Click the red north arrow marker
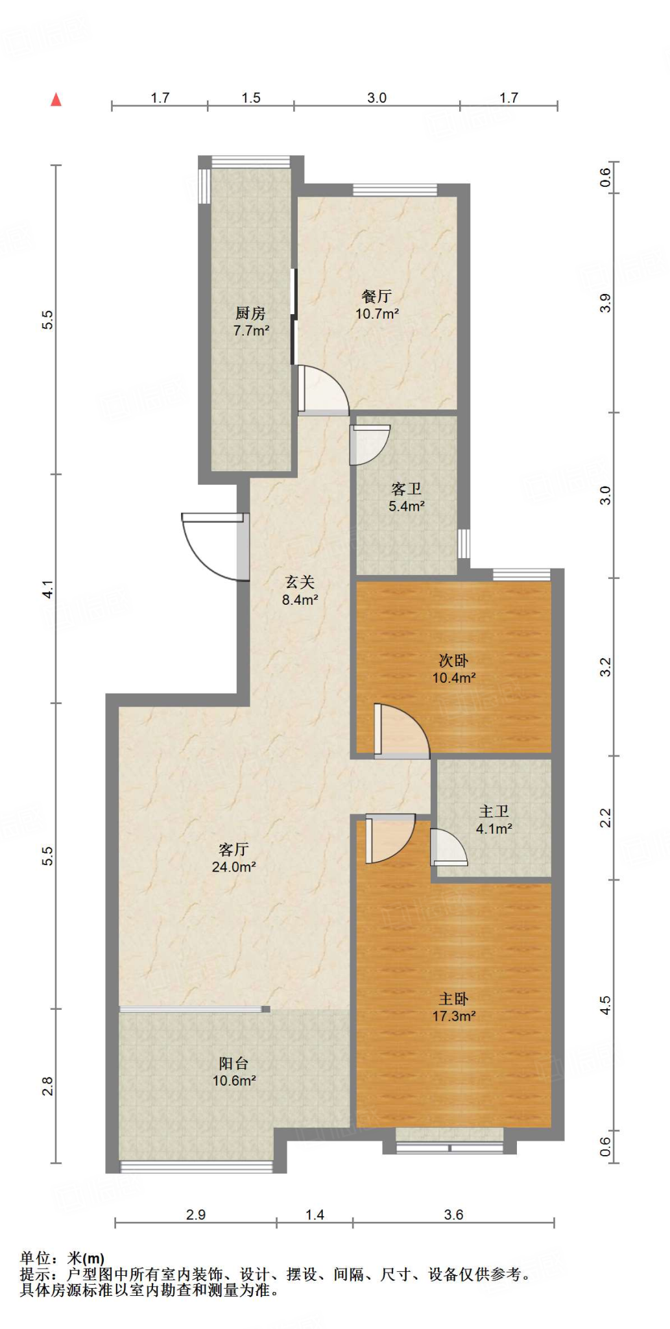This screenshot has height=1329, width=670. click(x=56, y=99)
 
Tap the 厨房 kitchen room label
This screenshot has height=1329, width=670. click(x=250, y=313)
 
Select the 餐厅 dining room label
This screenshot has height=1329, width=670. click(x=377, y=297)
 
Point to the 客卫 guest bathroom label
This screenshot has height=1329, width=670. click(x=407, y=489)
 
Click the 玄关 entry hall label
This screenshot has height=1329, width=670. click(x=300, y=582)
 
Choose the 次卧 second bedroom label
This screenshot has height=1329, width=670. click(x=453, y=661)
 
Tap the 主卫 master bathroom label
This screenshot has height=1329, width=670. click(x=494, y=811)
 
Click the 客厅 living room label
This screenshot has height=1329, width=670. click(x=233, y=849)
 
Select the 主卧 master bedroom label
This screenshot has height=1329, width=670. click(x=453, y=999)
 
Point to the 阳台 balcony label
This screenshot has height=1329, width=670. click(x=233, y=1063)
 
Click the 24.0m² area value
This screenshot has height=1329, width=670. click(x=233, y=867)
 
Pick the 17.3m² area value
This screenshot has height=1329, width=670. click(x=454, y=1016)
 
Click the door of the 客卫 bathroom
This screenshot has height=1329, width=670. click(x=368, y=444)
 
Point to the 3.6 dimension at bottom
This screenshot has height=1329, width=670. click(x=453, y=1215)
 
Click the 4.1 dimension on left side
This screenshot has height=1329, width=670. click(x=48, y=589)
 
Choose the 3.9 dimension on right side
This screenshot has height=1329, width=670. click(x=605, y=303)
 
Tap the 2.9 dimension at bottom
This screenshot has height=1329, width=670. click(x=196, y=1215)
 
